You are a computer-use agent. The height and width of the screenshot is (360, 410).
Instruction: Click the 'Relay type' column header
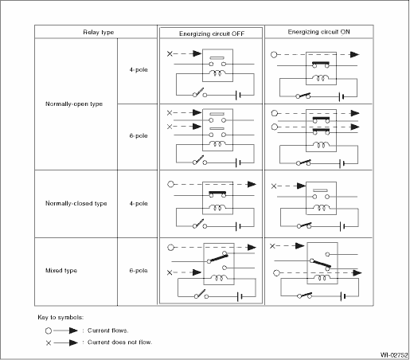pyautogui.click(x=99, y=32)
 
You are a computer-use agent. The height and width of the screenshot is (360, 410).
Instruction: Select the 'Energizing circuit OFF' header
pyautogui.click(x=212, y=33)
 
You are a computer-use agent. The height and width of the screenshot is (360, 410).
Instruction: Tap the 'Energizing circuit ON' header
pyautogui.click(x=318, y=32)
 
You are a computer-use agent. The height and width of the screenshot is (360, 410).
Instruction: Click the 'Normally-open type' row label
pyautogui.click(x=74, y=104)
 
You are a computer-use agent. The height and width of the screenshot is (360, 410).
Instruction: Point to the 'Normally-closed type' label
pyautogui.click(x=76, y=203)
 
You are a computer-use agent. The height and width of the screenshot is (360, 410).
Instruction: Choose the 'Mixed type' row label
pyautogui.click(x=61, y=271)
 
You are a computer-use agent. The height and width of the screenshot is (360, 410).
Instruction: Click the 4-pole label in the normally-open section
pyautogui.click(x=139, y=69)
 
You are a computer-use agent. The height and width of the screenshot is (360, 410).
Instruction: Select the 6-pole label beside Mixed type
pyautogui.click(x=139, y=271)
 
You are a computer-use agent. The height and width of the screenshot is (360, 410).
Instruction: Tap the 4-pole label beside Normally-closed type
pyautogui.click(x=139, y=203)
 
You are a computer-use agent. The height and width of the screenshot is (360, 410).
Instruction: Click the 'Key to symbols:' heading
pyautogui.click(x=61, y=317)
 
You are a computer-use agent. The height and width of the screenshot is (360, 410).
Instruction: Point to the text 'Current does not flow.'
pyautogui.click(x=119, y=342)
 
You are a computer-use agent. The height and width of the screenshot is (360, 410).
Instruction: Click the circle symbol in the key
pyautogui.click(x=49, y=331)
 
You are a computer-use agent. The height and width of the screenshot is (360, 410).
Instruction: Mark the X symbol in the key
pyautogui.click(x=49, y=343)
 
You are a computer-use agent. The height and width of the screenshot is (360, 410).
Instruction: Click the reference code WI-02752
pyautogui.click(x=394, y=355)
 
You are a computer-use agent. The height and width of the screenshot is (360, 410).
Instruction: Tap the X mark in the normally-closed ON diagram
pyautogui.click(x=274, y=186)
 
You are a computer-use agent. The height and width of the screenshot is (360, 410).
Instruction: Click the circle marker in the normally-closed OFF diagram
pyautogui.click(x=171, y=184)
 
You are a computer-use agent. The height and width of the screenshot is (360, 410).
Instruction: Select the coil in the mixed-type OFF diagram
pyautogui.click(x=219, y=277)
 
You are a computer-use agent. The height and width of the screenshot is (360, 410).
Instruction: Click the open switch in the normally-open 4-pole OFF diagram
pyautogui.click(x=199, y=92)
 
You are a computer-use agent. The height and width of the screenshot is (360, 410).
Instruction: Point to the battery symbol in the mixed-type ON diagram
pyautogui.click(x=343, y=295)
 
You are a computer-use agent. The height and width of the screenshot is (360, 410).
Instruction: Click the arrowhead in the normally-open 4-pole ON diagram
pyautogui.click(x=355, y=55)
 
